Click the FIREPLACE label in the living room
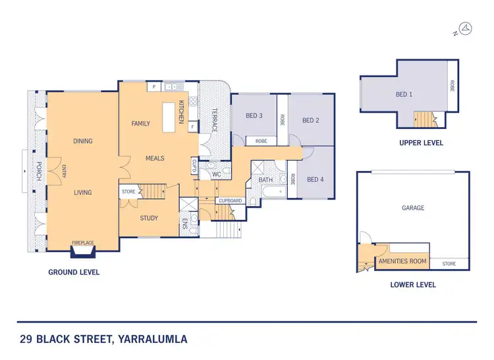(x=83, y=244)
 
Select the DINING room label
(x=83, y=141)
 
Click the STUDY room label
(x=149, y=218)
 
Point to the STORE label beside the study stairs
(x=128, y=192)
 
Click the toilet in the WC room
(x=226, y=174)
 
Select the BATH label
(x=265, y=180)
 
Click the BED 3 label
(x=254, y=116)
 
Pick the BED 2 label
(x=311, y=120)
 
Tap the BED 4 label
(x=316, y=180)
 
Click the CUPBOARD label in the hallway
(x=230, y=200)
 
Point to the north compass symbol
(x=465, y=29)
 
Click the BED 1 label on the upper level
(x=404, y=95)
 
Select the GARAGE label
(x=413, y=208)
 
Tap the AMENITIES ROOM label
(x=402, y=261)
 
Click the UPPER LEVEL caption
(x=422, y=142)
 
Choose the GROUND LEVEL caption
(x=74, y=272)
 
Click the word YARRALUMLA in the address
(x=151, y=340)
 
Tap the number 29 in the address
(x=26, y=340)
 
